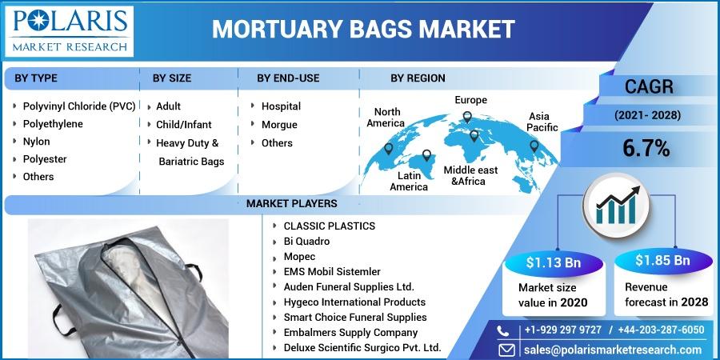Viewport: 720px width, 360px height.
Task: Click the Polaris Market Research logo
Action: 69,31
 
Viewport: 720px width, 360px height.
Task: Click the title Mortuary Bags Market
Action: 363,30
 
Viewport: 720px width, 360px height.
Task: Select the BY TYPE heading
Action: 36,78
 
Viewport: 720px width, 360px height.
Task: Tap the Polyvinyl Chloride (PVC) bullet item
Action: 79,106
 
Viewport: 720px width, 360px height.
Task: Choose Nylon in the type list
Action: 36,142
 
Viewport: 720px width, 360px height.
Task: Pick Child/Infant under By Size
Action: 184,125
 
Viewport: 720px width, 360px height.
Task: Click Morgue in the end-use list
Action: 279,125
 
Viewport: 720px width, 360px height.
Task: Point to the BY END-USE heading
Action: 288,78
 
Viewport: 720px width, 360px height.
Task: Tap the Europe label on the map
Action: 470,100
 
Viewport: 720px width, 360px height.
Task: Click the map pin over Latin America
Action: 426,155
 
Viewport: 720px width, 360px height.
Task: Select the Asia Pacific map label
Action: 542,122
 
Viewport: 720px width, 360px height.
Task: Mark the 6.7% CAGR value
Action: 646,148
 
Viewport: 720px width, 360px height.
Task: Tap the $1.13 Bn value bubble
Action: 554,262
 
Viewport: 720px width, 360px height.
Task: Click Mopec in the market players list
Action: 299,257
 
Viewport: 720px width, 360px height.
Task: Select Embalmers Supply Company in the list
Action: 351,333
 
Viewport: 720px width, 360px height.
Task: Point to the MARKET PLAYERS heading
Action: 291,203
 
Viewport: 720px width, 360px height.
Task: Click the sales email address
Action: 613,350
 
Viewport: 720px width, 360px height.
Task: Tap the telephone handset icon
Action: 503,330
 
